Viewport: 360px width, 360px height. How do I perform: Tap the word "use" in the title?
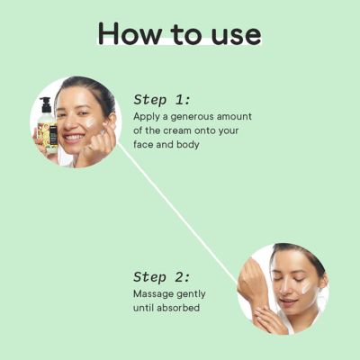click(x=232, y=34)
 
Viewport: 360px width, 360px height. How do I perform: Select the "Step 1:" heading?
click(x=162, y=100)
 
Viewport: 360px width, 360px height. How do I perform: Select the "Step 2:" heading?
click(x=162, y=277)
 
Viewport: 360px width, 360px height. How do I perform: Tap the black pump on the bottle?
click(x=44, y=105)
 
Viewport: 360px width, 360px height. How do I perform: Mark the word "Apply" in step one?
click(x=148, y=118)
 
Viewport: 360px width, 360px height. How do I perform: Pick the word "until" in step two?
click(x=146, y=309)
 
